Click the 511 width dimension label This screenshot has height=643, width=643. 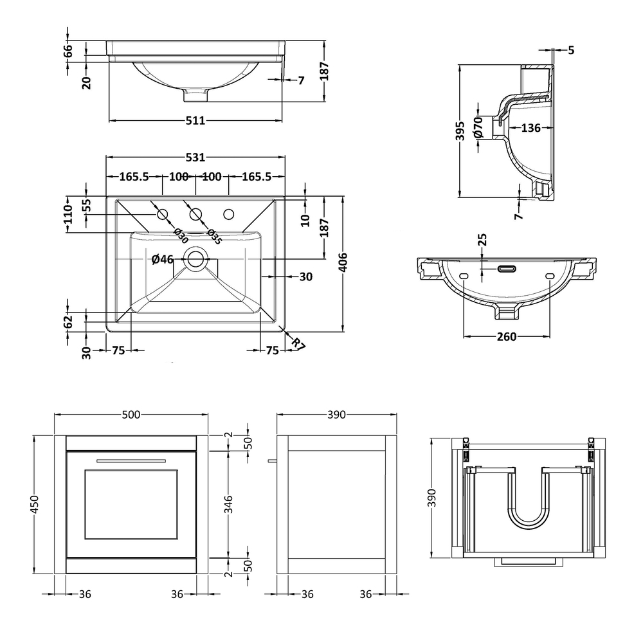[195, 120]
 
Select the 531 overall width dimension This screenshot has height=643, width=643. [195, 157]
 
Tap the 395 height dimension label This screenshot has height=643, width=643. [461, 131]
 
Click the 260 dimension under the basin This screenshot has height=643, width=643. [507, 337]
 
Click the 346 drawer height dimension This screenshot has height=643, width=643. [230, 505]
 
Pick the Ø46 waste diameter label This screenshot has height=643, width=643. [163, 260]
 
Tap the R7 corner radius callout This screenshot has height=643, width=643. [298, 343]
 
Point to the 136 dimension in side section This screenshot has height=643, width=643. [530, 128]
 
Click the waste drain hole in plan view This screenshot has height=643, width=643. [196, 260]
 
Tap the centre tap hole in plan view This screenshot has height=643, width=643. [196, 213]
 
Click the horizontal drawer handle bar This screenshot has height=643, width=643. [131, 461]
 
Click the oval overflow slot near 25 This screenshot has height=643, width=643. [507, 268]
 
